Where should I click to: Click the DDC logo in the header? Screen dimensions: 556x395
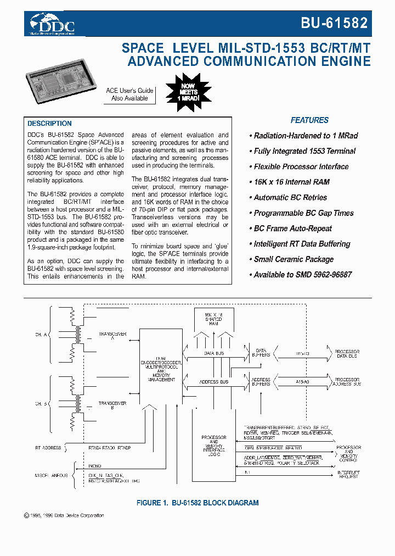point(53,23)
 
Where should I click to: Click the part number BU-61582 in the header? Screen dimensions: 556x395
point(334,23)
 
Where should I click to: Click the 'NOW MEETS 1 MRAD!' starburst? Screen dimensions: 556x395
point(188,90)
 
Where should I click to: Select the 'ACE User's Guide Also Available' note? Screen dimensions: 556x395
point(129,94)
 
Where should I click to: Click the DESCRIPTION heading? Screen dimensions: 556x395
point(49,124)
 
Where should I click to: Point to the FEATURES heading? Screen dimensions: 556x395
point(309,120)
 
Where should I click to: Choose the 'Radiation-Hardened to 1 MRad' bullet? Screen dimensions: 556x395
point(303,136)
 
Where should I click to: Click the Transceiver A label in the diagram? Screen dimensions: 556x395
point(112,336)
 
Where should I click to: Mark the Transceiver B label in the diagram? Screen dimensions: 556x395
point(112,405)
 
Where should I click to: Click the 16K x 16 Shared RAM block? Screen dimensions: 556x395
point(214,319)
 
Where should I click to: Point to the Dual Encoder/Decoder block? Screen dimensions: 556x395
point(161,365)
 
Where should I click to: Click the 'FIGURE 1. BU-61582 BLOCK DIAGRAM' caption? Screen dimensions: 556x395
point(197,503)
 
